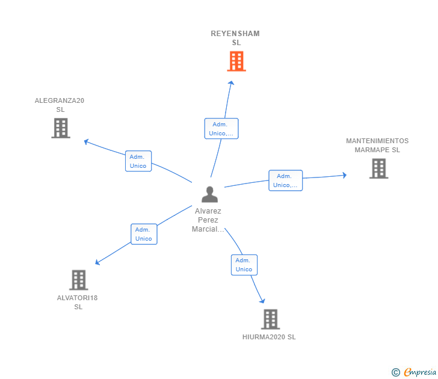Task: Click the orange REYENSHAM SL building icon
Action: (x=236, y=61)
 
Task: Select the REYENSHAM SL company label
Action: (x=235, y=38)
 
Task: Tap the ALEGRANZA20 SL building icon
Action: (x=61, y=128)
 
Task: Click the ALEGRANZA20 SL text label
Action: (x=60, y=105)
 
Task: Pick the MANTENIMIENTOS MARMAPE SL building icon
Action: (x=378, y=168)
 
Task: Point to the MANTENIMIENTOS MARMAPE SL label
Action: (x=377, y=145)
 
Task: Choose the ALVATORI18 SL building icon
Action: (x=79, y=280)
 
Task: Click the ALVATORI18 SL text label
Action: (x=78, y=302)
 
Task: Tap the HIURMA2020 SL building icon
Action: (x=270, y=319)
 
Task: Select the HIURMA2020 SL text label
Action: (x=269, y=337)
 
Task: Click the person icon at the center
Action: (x=209, y=194)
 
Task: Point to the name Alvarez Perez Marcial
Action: (x=208, y=220)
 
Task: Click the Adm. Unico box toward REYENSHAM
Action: (x=221, y=129)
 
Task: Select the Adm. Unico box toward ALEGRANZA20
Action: (x=138, y=161)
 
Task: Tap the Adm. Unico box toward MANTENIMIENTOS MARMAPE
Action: (x=285, y=180)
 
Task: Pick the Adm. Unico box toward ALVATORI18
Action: (x=144, y=234)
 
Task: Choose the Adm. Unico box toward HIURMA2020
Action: (x=244, y=265)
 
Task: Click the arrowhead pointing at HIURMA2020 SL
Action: (x=262, y=300)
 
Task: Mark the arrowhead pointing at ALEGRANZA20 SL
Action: (x=87, y=142)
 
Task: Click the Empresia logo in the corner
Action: (x=414, y=372)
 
